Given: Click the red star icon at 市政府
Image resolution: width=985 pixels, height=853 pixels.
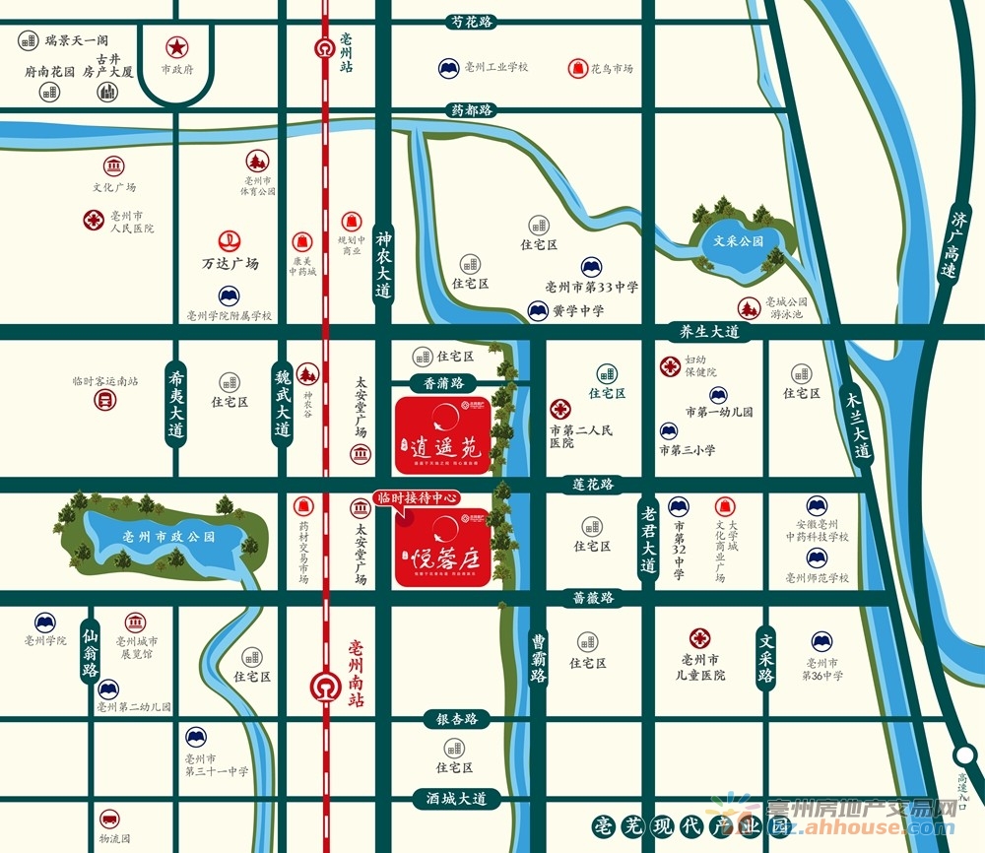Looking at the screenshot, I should click(176, 46).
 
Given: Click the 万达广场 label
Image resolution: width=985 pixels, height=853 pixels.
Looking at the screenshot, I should click(230, 263).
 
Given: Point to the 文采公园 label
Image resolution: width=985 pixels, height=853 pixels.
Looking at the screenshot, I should click(740, 240).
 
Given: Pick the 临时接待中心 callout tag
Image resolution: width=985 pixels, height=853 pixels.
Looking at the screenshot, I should click(419, 498).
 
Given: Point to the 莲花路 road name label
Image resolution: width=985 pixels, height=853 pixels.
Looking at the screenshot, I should click(594, 484).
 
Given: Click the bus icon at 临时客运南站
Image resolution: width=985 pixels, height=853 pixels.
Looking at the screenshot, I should click(104, 400).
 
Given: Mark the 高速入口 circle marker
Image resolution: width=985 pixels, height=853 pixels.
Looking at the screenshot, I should click(965, 755).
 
